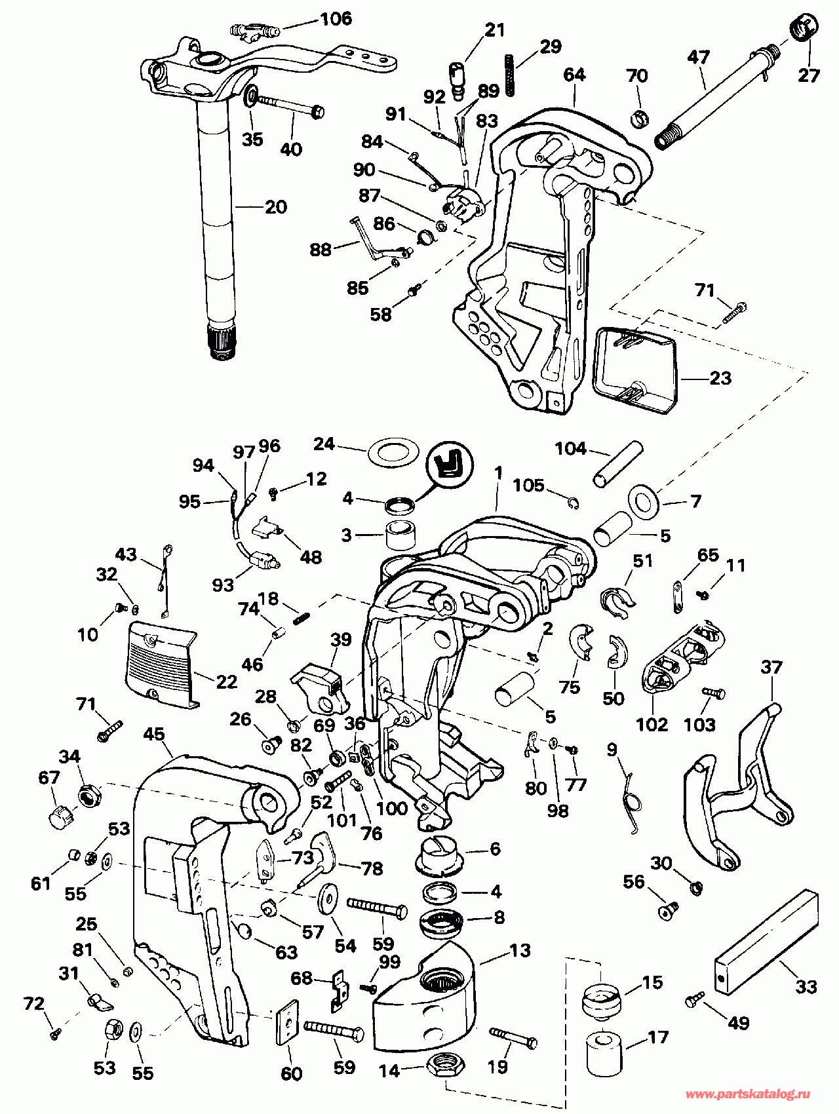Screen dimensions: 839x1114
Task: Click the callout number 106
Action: tap(336, 18)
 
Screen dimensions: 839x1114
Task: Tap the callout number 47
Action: tap(699, 58)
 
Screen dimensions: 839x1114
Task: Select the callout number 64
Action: tap(574, 75)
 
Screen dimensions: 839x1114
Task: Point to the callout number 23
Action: tap(720, 378)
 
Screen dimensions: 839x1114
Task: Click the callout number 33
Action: tap(806, 987)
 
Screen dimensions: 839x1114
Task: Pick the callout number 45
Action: tap(154, 735)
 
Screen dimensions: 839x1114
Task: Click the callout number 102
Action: tap(652, 724)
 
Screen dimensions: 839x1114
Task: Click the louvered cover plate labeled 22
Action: tap(161, 663)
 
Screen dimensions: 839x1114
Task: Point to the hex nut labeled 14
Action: tap(446, 1066)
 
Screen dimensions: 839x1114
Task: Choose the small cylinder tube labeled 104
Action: tap(617, 466)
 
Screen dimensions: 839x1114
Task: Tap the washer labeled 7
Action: tap(644, 501)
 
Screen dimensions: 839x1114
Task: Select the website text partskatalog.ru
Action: tap(749, 1094)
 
